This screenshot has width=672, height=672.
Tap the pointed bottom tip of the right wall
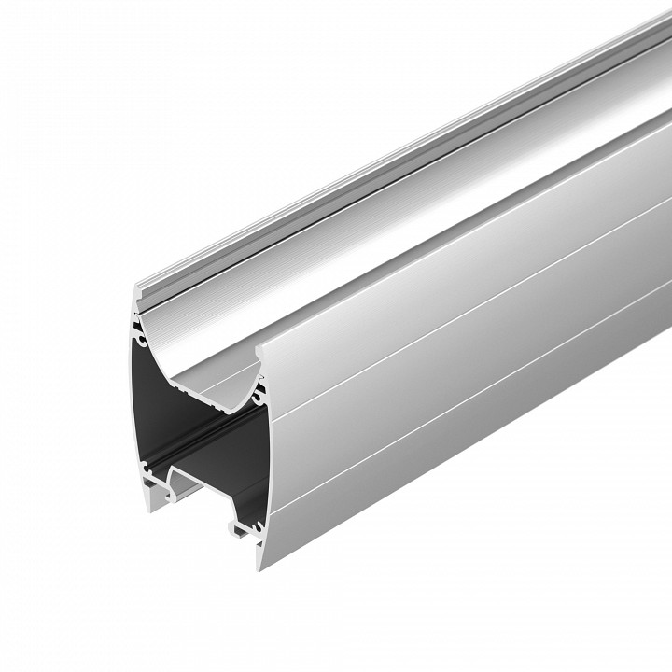260,566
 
